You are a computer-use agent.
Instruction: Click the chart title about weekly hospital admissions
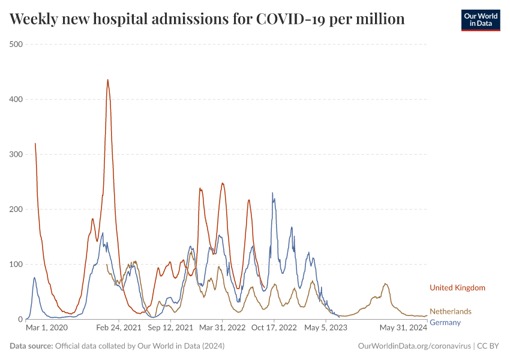point(207,19)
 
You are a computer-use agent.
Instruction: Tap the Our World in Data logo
point(480,20)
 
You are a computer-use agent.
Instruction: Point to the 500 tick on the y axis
point(16,44)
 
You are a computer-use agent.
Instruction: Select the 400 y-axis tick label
point(16,100)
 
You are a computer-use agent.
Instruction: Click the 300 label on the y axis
point(16,154)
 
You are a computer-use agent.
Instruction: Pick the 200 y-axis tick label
point(16,209)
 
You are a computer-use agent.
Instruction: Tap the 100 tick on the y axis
point(16,265)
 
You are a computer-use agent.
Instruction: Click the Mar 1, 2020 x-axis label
point(47,328)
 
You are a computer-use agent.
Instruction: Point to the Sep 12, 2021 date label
point(170,328)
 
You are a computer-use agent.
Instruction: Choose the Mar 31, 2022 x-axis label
point(223,328)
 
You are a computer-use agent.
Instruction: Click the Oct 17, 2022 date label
point(275,328)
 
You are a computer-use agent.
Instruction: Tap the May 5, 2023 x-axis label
point(326,328)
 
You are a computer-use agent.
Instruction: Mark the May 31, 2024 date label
point(403,328)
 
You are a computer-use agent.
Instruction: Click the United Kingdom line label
point(457,288)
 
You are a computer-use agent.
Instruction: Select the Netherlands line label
point(451,311)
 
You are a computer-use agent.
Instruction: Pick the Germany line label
point(445,323)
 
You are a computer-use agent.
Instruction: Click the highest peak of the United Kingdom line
point(107,80)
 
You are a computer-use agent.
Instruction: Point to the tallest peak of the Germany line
point(272,193)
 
